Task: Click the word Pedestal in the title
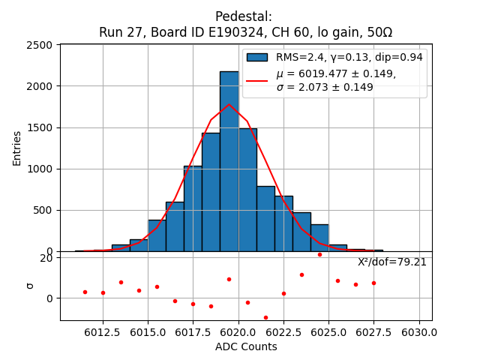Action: pyautogui.click(x=244, y=16)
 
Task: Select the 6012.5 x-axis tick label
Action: pyautogui.click(x=103, y=331)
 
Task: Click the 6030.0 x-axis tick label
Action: pyautogui.click(x=419, y=331)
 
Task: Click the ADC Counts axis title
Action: pyautogui.click(x=246, y=346)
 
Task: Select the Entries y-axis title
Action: pyautogui.click(x=17, y=148)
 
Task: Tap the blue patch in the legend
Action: pyautogui.click(x=257, y=57)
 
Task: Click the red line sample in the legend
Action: pyautogui.click(x=257, y=80)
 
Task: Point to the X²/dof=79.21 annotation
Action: pyautogui.click(x=391, y=262)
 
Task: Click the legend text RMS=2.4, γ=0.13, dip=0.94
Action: pyautogui.click(x=349, y=57)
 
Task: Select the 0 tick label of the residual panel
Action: pyautogui.click(x=49, y=298)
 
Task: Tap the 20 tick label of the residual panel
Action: pyautogui.click(x=46, y=258)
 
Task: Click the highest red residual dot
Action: pyautogui.click(x=319, y=254)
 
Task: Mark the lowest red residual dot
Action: pyautogui.click(x=265, y=317)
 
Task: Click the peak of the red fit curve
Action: pyautogui.click(x=229, y=104)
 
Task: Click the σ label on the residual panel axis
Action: pyautogui.click(x=31, y=285)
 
